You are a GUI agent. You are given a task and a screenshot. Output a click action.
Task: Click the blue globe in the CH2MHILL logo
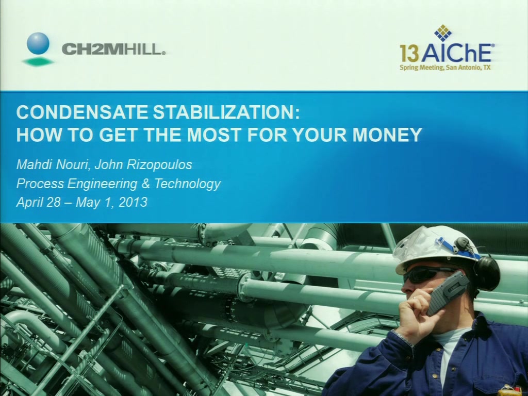[x=38, y=43]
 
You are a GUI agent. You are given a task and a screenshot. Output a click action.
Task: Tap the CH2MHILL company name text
[x=113, y=49]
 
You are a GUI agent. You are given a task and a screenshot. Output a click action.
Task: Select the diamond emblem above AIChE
[x=443, y=33]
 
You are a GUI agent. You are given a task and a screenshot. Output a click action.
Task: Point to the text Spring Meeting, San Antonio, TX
[x=445, y=68]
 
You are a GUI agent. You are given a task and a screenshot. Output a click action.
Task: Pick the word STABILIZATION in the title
[x=226, y=112]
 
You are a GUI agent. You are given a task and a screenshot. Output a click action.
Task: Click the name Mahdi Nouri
[x=53, y=164]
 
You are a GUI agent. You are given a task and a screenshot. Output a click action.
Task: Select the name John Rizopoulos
[x=143, y=164]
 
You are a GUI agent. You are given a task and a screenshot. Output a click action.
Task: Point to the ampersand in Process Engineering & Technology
[x=145, y=184]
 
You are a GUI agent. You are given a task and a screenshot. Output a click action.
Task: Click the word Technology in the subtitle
[x=187, y=184]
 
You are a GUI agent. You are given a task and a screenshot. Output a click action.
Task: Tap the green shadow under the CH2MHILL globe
[x=38, y=62]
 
